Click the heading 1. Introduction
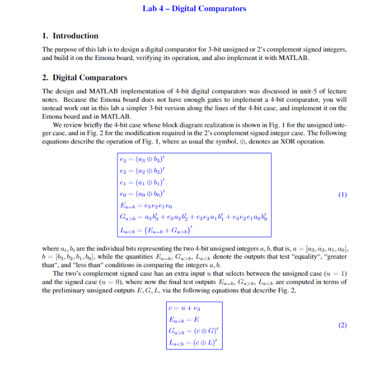coord(70,35)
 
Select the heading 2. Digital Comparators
coord(85,78)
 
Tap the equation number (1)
coord(342,195)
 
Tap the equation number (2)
coord(342,325)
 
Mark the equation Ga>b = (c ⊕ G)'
coord(190,330)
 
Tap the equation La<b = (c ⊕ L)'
coord(190,342)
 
